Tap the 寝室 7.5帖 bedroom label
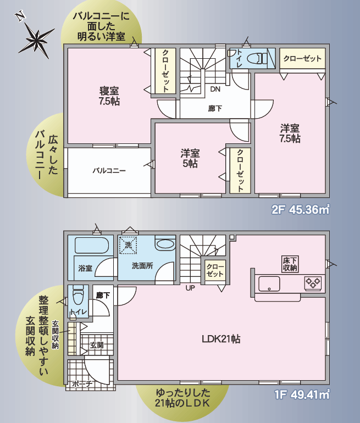coord(109,96)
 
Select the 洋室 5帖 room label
coord(190,158)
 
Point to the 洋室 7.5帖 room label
coord(290,133)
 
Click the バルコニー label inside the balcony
coord(109,171)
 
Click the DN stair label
coord(215,90)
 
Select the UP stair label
coord(190,288)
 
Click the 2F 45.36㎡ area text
coord(300,210)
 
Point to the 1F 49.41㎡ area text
coord(302,395)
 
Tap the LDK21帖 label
coord(221,339)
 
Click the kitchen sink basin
coord(269,284)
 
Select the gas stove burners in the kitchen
coord(313,282)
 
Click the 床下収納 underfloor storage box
coord(290,264)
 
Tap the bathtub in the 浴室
coord(91,245)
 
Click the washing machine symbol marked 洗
coord(128,244)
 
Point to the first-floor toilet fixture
coord(79,294)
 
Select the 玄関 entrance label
coord(97,345)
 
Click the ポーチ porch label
coord(82,383)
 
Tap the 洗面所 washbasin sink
coord(165,244)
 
